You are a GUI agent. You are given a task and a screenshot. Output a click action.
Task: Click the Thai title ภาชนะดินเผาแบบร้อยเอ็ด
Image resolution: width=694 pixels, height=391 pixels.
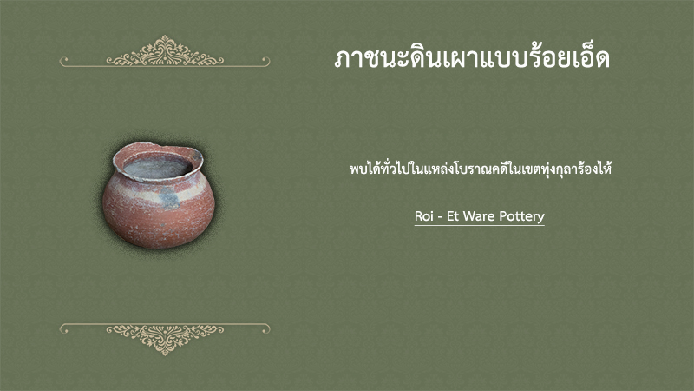tap(472, 59)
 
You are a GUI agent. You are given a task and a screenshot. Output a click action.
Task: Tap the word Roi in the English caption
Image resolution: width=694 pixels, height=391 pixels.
tap(423, 216)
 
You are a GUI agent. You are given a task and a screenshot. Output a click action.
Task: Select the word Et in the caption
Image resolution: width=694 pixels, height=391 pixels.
tap(453, 216)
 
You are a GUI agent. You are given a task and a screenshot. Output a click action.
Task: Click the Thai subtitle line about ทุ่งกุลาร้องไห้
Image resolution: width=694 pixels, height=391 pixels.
tap(481, 169)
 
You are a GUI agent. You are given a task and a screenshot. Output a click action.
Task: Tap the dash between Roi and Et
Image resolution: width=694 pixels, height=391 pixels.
tap(440, 218)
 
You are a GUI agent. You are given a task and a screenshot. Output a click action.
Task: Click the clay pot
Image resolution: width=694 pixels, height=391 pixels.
tap(159, 195)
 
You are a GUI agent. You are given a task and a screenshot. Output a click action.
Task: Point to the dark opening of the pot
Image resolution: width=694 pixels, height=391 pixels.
tap(157, 167)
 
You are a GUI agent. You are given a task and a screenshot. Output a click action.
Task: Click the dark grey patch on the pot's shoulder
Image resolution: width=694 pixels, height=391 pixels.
tap(169, 198)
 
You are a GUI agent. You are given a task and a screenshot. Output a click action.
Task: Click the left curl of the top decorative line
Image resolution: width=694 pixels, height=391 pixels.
tap(64, 61)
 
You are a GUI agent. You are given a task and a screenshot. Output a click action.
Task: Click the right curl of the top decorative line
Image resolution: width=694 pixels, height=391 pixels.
tap(265, 61)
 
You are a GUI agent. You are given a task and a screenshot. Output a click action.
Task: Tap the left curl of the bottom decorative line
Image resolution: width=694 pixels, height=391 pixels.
tap(64, 328)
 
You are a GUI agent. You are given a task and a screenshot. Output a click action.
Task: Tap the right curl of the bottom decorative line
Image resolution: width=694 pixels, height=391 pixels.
tap(265, 328)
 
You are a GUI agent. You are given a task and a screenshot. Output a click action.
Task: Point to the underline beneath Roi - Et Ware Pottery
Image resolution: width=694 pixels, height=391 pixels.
tap(480, 226)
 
